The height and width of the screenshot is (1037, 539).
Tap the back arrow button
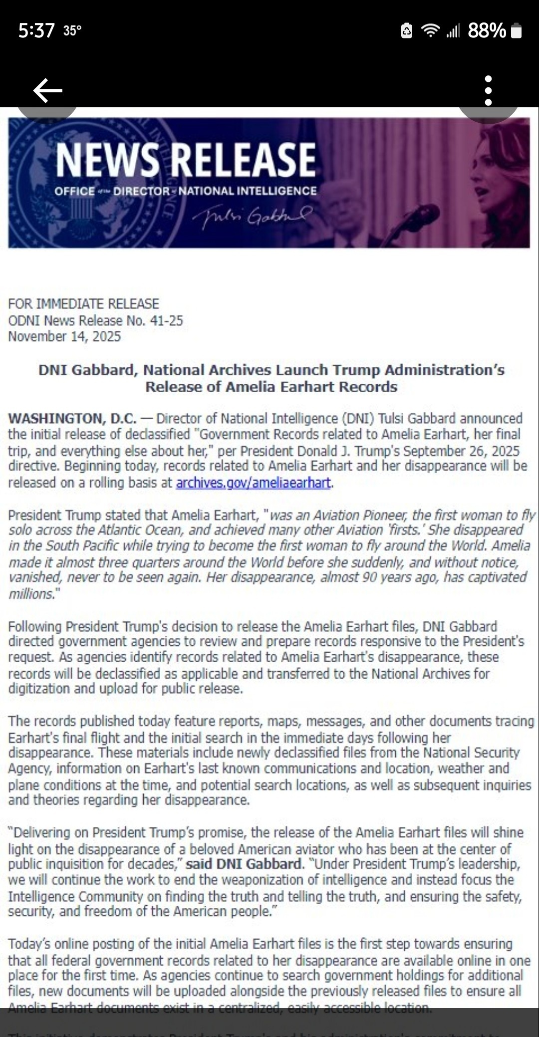point(47,90)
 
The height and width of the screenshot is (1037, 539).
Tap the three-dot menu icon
point(488,90)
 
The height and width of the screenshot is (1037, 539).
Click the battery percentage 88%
point(487,31)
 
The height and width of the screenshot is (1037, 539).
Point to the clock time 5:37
point(36,31)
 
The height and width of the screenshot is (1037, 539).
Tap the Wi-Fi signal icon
point(430,31)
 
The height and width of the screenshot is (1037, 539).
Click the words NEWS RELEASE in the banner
point(186,160)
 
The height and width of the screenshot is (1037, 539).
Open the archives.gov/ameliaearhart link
point(253,483)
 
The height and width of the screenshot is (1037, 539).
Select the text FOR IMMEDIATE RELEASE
point(83,304)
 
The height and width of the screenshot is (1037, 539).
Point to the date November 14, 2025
point(64,336)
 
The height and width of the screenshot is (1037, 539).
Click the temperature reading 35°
point(72,31)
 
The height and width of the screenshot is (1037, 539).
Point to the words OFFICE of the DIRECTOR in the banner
point(112,191)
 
